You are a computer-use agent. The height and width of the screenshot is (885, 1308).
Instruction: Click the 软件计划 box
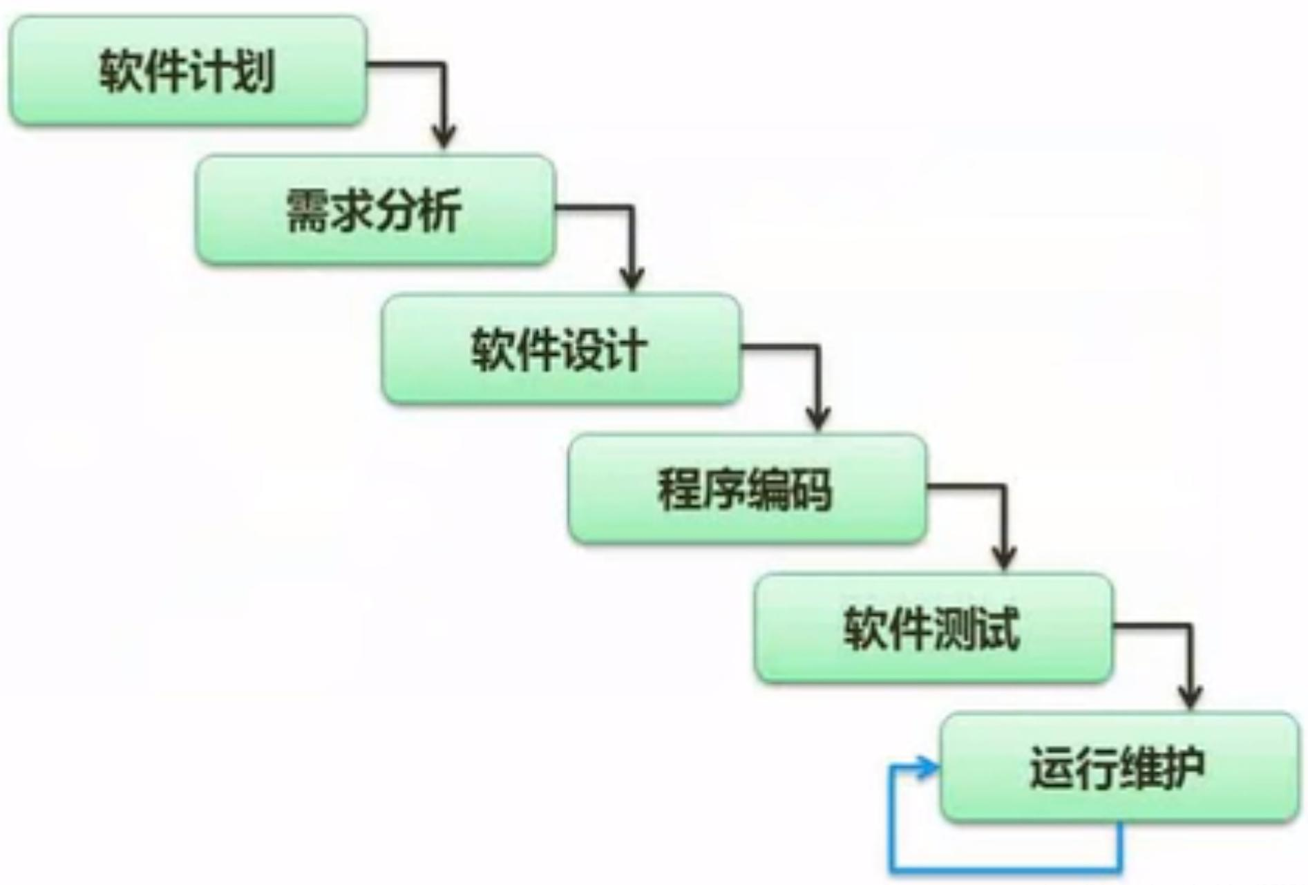[x=188, y=71]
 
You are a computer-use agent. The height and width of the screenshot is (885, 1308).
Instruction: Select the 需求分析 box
[x=375, y=210]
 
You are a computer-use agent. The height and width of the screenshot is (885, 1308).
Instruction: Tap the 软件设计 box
[x=560, y=350]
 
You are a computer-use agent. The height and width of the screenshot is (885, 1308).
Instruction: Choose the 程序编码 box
[x=747, y=489]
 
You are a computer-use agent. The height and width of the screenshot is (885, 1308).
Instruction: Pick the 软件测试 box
[x=933, y=629]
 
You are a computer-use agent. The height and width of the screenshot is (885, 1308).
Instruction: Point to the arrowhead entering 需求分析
[x=444, y=136]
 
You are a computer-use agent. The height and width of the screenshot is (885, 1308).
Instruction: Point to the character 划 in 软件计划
[x=254, y=71]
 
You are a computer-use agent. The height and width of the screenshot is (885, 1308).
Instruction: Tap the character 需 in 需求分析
[x=308, y=211]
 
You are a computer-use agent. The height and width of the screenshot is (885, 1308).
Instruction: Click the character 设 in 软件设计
[x=582, y=350]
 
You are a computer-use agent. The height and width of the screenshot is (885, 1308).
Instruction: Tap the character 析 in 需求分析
[x=441, y=211]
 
